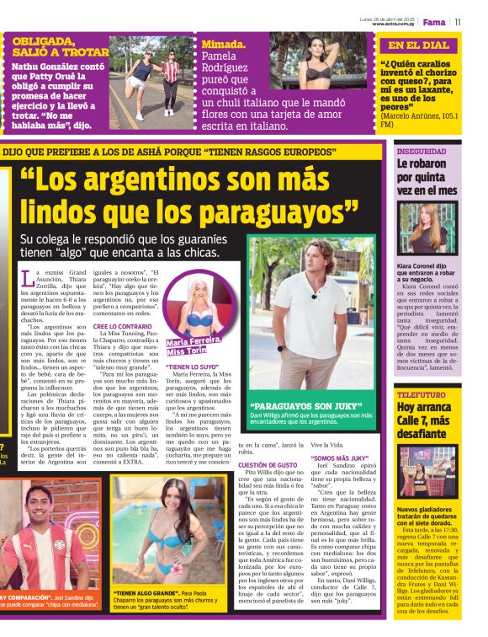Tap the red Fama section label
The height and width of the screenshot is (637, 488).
tap(434, 22)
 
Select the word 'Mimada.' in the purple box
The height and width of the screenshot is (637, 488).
tap(224, 45)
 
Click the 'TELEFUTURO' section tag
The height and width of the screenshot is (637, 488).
tap(422, 394)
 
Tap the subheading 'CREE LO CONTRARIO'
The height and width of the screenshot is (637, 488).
tap(123, 326)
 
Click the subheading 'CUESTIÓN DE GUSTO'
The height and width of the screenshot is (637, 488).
tap(268, 465)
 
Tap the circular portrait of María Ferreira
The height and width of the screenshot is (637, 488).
tap(201, 304)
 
